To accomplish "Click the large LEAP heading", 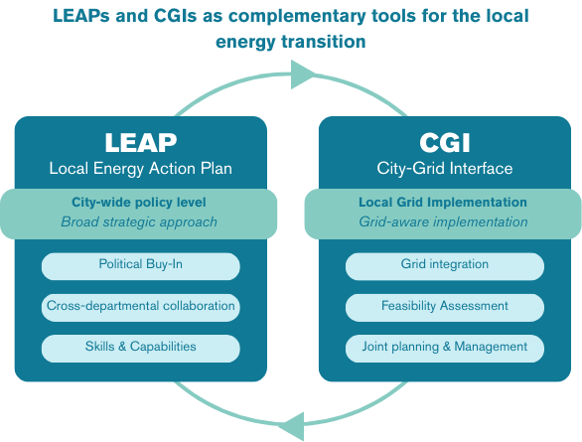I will tap(140, 141).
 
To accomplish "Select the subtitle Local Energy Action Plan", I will tap(140, 168).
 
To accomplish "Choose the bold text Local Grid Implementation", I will tap(443, 203).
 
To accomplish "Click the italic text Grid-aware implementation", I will tap(443, 221).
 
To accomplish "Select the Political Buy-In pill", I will tap(140, 265).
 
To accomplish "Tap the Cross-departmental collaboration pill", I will tap(140, 306).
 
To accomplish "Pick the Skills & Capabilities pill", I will tap(140, 347).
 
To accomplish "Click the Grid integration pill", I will tap(444, 265).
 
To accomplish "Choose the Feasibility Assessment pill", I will tap(444, 306).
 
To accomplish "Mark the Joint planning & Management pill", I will tap(444, 347).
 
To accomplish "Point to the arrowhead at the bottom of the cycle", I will tap(291, 425).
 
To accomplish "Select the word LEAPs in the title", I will tap(89, 17).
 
